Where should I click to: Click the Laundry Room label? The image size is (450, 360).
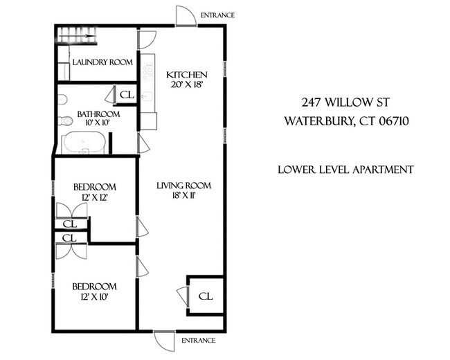(x=102, y=62)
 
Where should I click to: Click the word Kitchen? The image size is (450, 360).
(x=186, y=75)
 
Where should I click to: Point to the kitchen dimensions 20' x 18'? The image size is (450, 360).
(x=186, y=85)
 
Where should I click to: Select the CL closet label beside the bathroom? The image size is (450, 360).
(x=126, y=95)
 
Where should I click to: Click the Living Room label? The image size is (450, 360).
(x=183, y=186)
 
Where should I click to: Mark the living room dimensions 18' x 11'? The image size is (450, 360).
(x=183, y=197)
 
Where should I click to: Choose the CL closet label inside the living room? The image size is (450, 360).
(x=206, y=296)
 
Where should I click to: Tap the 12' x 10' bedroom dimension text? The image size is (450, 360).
(x=95, y=297)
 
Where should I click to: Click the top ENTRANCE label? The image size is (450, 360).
(x=217, y=15)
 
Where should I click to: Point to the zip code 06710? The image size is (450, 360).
(x=392, y=121)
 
